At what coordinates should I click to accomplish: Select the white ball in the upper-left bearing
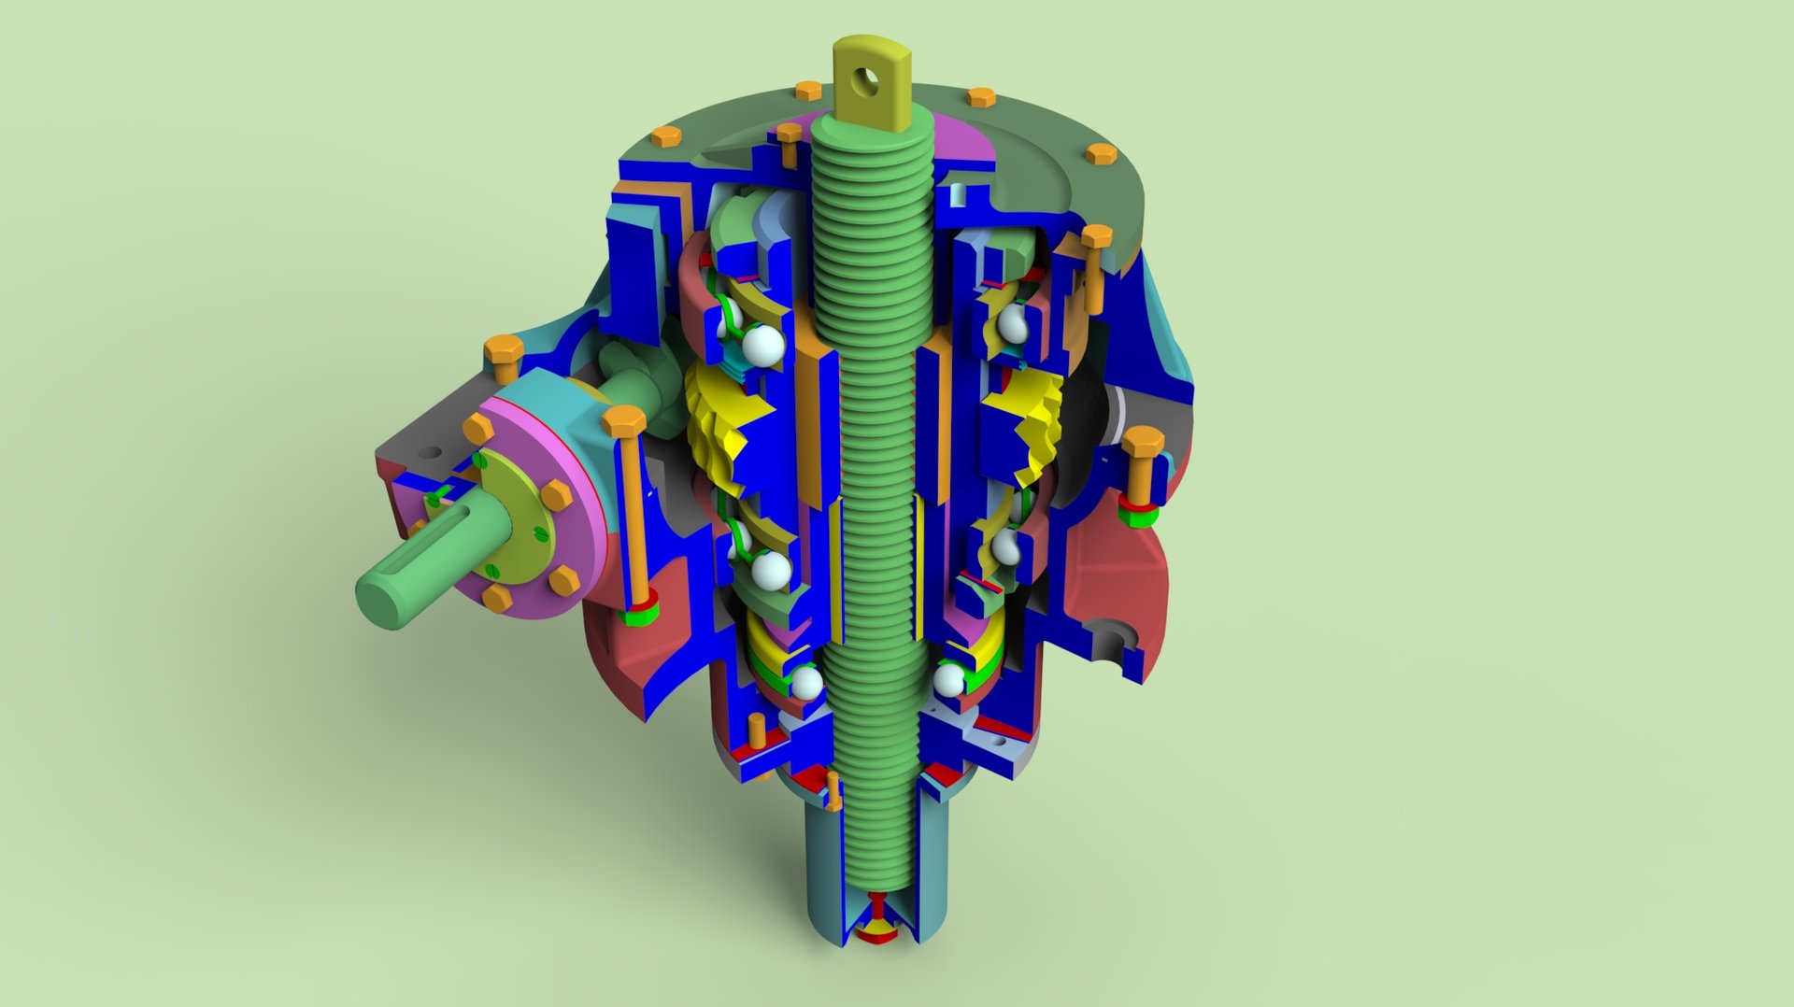765,345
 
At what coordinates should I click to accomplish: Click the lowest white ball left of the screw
805,683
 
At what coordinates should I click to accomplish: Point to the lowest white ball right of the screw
948,679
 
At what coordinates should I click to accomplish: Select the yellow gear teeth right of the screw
1037,420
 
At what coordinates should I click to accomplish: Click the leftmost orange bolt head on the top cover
666,137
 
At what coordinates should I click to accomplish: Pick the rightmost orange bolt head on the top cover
1101,154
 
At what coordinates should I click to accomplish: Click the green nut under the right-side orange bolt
1139,514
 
